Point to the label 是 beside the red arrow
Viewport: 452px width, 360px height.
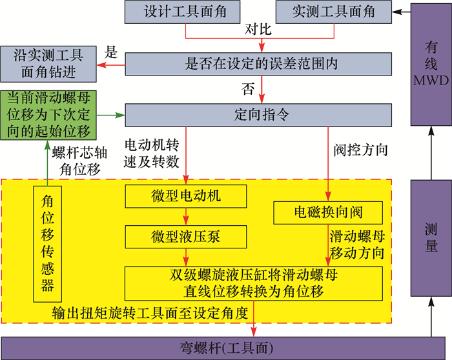pos(111,53)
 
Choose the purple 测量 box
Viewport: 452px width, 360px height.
pos(431,237)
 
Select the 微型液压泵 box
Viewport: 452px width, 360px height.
pos(186,236)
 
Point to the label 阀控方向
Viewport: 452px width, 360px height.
pos(361,151)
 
